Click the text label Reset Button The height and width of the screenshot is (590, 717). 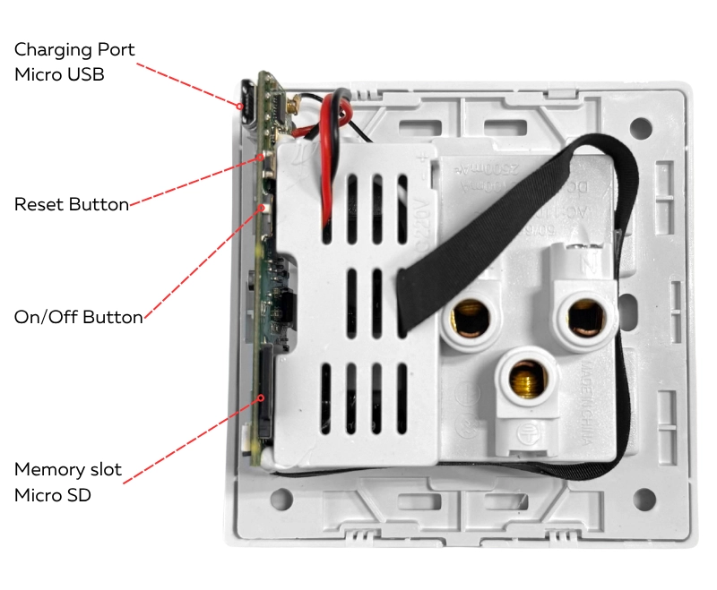point(72,204)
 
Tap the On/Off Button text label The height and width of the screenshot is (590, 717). point(78,317)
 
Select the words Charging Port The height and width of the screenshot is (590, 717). point(74,50)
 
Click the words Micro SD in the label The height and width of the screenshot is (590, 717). point(53,494)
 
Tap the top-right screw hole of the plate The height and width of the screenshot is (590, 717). point(641,127)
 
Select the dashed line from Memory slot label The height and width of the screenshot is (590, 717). point(188,439)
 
